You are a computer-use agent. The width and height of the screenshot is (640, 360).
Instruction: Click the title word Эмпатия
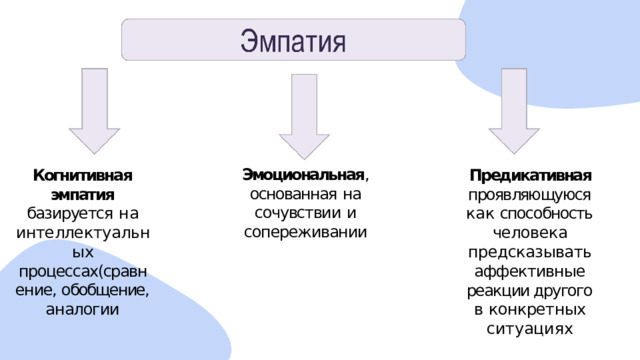tap(293, 41)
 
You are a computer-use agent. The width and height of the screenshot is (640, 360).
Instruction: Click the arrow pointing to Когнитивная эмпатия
tap(94, 111)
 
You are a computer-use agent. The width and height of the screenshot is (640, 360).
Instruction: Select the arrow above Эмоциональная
tap(304, 116)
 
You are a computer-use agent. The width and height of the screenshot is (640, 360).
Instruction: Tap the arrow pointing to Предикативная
tap(514, 111)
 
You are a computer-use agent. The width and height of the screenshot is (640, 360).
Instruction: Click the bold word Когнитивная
tap(83, 176)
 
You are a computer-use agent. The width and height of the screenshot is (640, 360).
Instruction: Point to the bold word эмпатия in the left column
tap(83, 195)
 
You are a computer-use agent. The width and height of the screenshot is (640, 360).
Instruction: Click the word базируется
tap(70, 213)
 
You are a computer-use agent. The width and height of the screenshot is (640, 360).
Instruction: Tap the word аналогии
tap(82, 309)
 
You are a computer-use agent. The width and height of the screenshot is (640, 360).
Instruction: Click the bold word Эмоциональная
tap(303, 175)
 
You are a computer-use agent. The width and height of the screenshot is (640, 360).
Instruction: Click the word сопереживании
tap(305, 232)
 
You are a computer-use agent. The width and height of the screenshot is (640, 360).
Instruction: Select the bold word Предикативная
tap(531, 176)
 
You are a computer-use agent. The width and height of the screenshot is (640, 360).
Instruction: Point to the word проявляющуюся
tap(529, 195)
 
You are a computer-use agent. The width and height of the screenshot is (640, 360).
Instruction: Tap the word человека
tap(530, 233)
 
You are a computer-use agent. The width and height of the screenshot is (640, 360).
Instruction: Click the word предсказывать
tap(529, 252)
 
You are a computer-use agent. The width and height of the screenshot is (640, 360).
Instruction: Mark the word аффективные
tap(530, 271)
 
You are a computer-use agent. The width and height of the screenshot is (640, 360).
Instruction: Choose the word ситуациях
tap(530, 329)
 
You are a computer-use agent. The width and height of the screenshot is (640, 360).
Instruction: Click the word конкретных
tap(537, 309)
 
